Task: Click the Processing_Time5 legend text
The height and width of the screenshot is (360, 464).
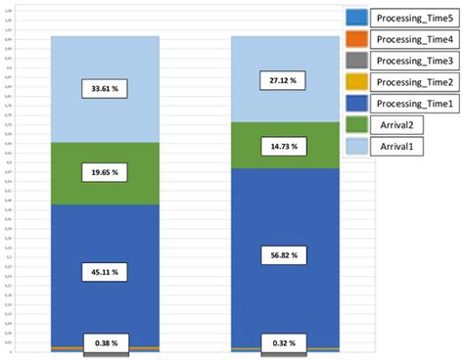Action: click(x=413, y=18)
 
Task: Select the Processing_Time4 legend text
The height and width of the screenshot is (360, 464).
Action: click(x=413, y=39)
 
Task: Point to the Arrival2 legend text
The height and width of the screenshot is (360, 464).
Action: click(x=396, y=125)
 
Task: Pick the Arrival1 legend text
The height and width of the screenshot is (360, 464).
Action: click(x=396, y=147)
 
